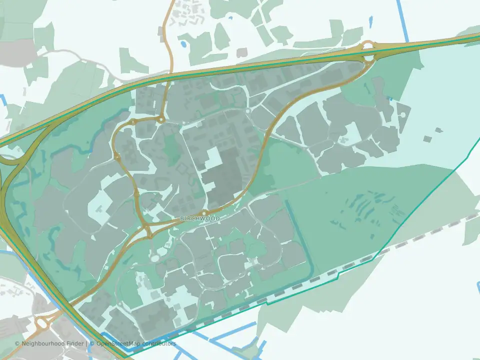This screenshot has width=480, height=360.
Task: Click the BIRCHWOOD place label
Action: [200, 219]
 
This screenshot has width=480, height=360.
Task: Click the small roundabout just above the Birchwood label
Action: [204, 213]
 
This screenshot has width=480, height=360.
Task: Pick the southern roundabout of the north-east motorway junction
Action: [369, 58]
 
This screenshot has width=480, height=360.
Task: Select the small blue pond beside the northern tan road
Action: [183, 44]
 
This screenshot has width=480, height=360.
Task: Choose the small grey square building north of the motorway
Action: [242, 52]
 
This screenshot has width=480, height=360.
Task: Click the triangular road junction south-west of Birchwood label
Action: [148, 231]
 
